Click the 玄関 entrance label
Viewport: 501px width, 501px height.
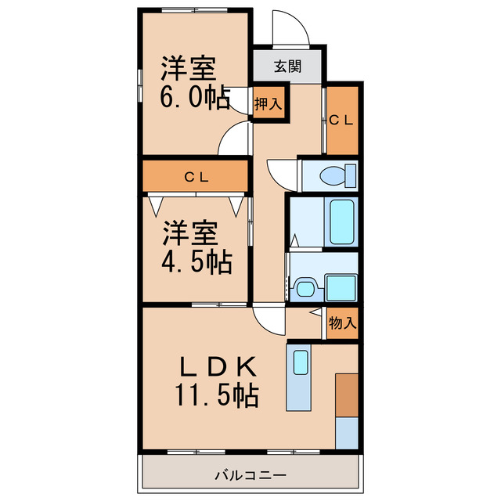tap(287, 66)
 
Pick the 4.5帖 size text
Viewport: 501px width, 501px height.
tap(196, 262)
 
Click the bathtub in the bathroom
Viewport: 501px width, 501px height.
tap(341, 222)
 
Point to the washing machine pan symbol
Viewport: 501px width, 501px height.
tap(341, 287)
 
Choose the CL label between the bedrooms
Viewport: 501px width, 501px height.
tap(195, 177)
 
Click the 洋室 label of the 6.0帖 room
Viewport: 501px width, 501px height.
tap(189, 68)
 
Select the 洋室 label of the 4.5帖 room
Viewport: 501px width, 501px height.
tap(189, 232)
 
